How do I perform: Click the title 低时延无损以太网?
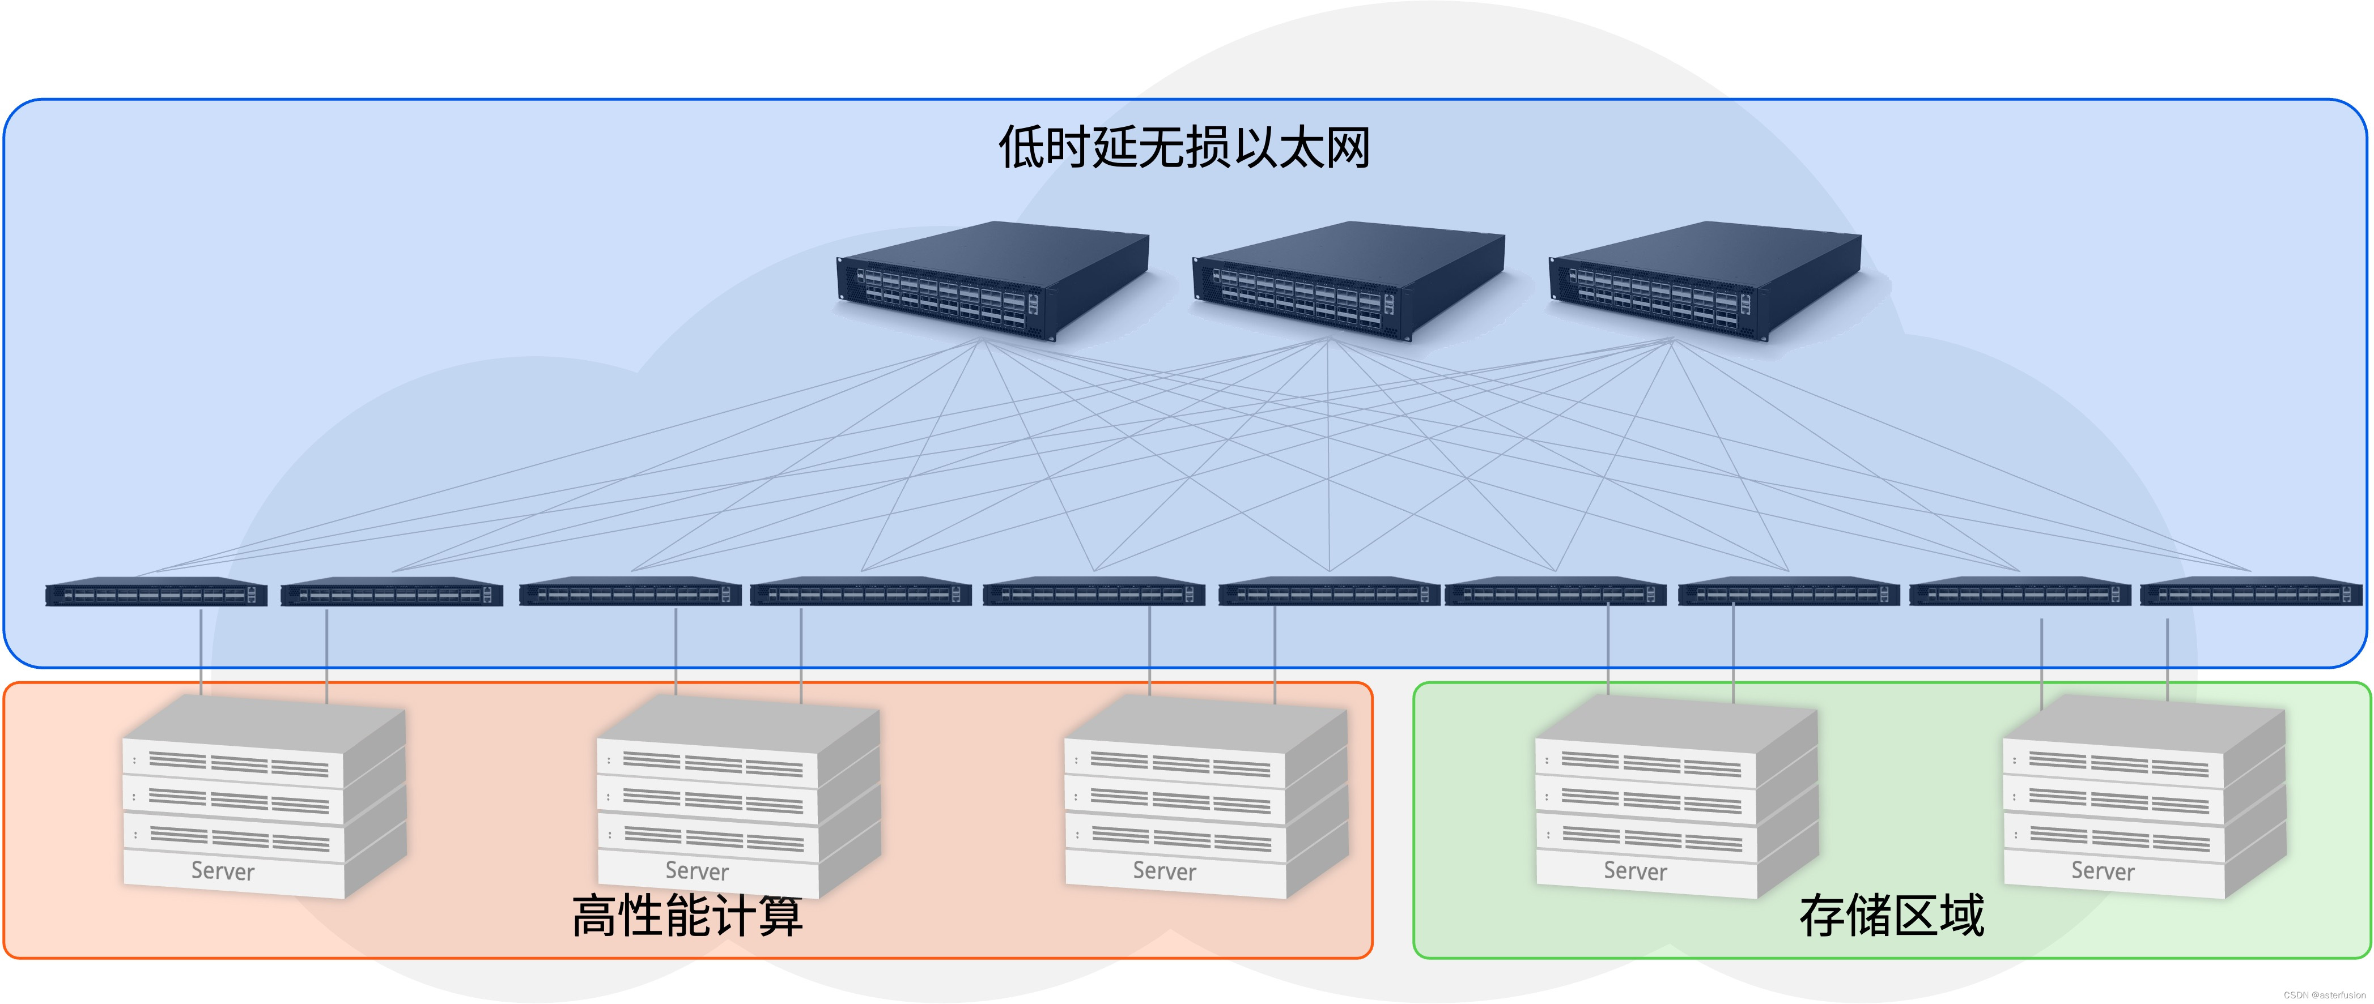click(x=1184, y=147)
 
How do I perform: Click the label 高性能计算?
click(x=686, y=916)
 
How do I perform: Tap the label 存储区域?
click(x=1891, y=916)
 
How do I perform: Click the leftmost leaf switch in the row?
click(x=156, y=592)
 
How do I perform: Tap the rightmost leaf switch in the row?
click(x=2250, y=592)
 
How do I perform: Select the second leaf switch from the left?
click(x=392, y=592)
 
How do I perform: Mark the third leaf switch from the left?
click(x=630, y=592)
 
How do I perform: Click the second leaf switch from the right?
click(x=2019, y=592)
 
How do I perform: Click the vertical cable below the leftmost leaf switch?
click(x=201, y=650)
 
